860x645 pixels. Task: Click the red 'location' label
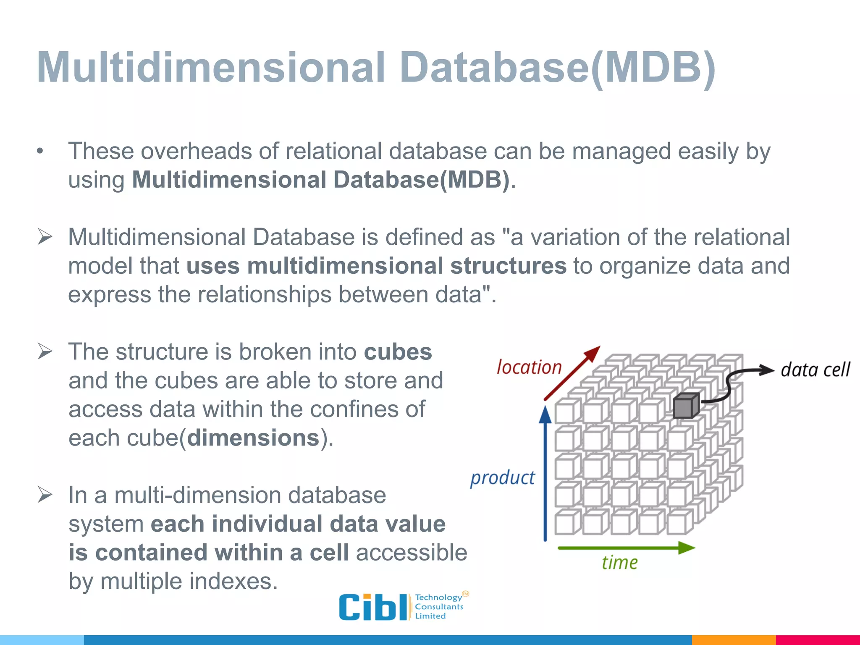point(529,367)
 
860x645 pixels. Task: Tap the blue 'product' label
point(502,478)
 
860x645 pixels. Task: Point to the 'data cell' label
point(815,370)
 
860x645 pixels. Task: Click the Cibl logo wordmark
point(373,607)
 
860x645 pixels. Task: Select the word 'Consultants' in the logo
point(439,607)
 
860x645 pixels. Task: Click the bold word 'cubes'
point(398,352)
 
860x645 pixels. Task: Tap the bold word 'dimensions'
point(253,438)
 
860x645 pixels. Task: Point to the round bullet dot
point(40,152)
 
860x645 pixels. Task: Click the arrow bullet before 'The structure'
point(45,351)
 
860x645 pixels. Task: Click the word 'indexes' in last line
point(233,582)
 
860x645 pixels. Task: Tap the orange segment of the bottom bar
point(733,640)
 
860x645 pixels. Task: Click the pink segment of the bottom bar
point(817,640)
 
